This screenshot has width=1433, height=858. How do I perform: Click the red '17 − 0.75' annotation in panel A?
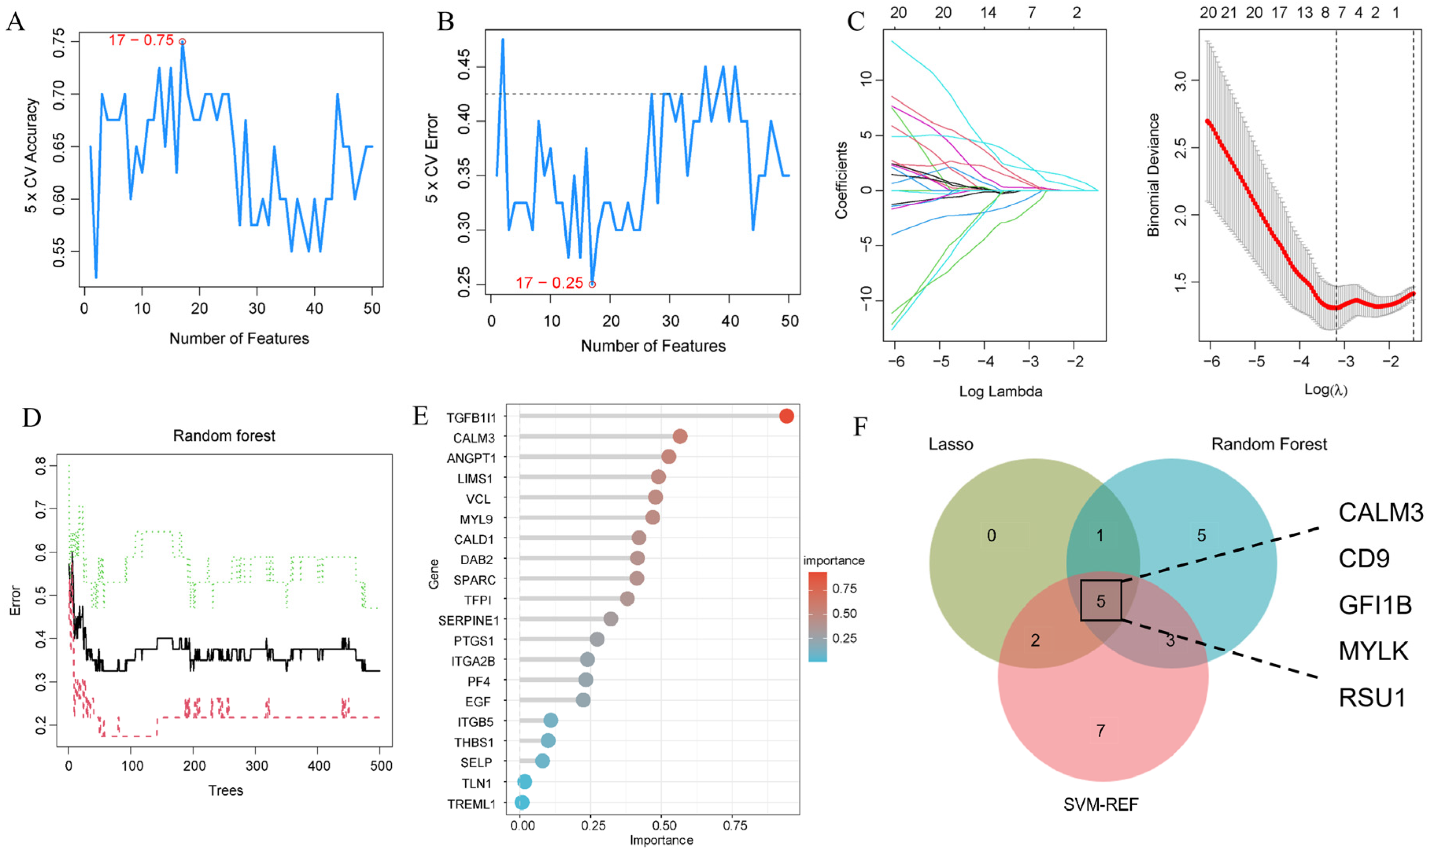click(x=141, y=41)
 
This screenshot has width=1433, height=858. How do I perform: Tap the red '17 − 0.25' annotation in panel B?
click(x=549, y=283)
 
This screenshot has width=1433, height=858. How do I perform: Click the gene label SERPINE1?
click(x=468, y=620)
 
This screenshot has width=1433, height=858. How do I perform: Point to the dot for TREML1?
click(x=521, y=803)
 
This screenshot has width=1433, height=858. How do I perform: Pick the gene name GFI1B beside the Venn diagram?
click(x=1375, y=605)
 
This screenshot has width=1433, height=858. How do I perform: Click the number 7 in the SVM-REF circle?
click(x=1101, y=731)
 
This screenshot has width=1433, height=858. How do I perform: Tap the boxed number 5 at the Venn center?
click(x=1101, y=601)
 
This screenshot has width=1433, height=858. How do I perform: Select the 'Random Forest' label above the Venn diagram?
click(x=1269, y=444)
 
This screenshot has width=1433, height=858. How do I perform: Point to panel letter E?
click(x=420, y=415)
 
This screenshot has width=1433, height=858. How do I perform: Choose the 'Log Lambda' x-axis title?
click(x=1000, y=391)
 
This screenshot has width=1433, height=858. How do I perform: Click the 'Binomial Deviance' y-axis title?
click(x=1153, y=175)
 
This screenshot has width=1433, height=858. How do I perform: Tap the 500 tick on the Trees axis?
click(x=380, y=766)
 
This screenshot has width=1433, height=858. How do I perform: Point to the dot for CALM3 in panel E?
click(x=680, y=436)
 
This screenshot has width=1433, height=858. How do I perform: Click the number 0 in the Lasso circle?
click(x=991, y=536)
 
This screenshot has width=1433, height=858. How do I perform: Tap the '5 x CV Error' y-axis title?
click(x=432, y=159)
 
